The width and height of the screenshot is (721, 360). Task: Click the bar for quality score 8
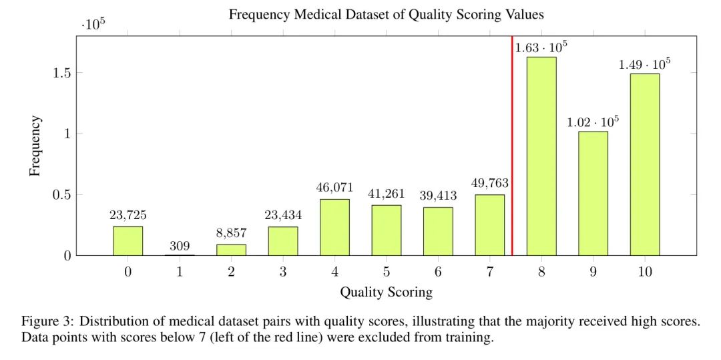[541, 156]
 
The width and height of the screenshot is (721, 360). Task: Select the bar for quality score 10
[644, 164]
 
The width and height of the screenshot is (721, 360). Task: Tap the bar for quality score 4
[334, 227]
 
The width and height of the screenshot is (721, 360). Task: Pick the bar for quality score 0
[128, 240]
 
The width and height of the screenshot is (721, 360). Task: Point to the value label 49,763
[490, 182]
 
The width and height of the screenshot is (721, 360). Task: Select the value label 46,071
[334, 187]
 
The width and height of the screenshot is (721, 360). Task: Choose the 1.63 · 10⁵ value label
[541, 47]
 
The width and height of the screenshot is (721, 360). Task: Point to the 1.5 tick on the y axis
[63, 72]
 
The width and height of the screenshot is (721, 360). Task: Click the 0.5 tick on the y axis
[63, 194]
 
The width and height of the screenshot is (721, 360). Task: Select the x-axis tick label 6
[438, 272]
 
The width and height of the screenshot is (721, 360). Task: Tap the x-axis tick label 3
[283, 272]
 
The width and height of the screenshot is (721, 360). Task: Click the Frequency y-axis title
[35, 146]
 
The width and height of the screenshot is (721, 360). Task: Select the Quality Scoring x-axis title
[386, 292]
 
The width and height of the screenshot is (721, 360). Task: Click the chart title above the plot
[386, 15]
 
